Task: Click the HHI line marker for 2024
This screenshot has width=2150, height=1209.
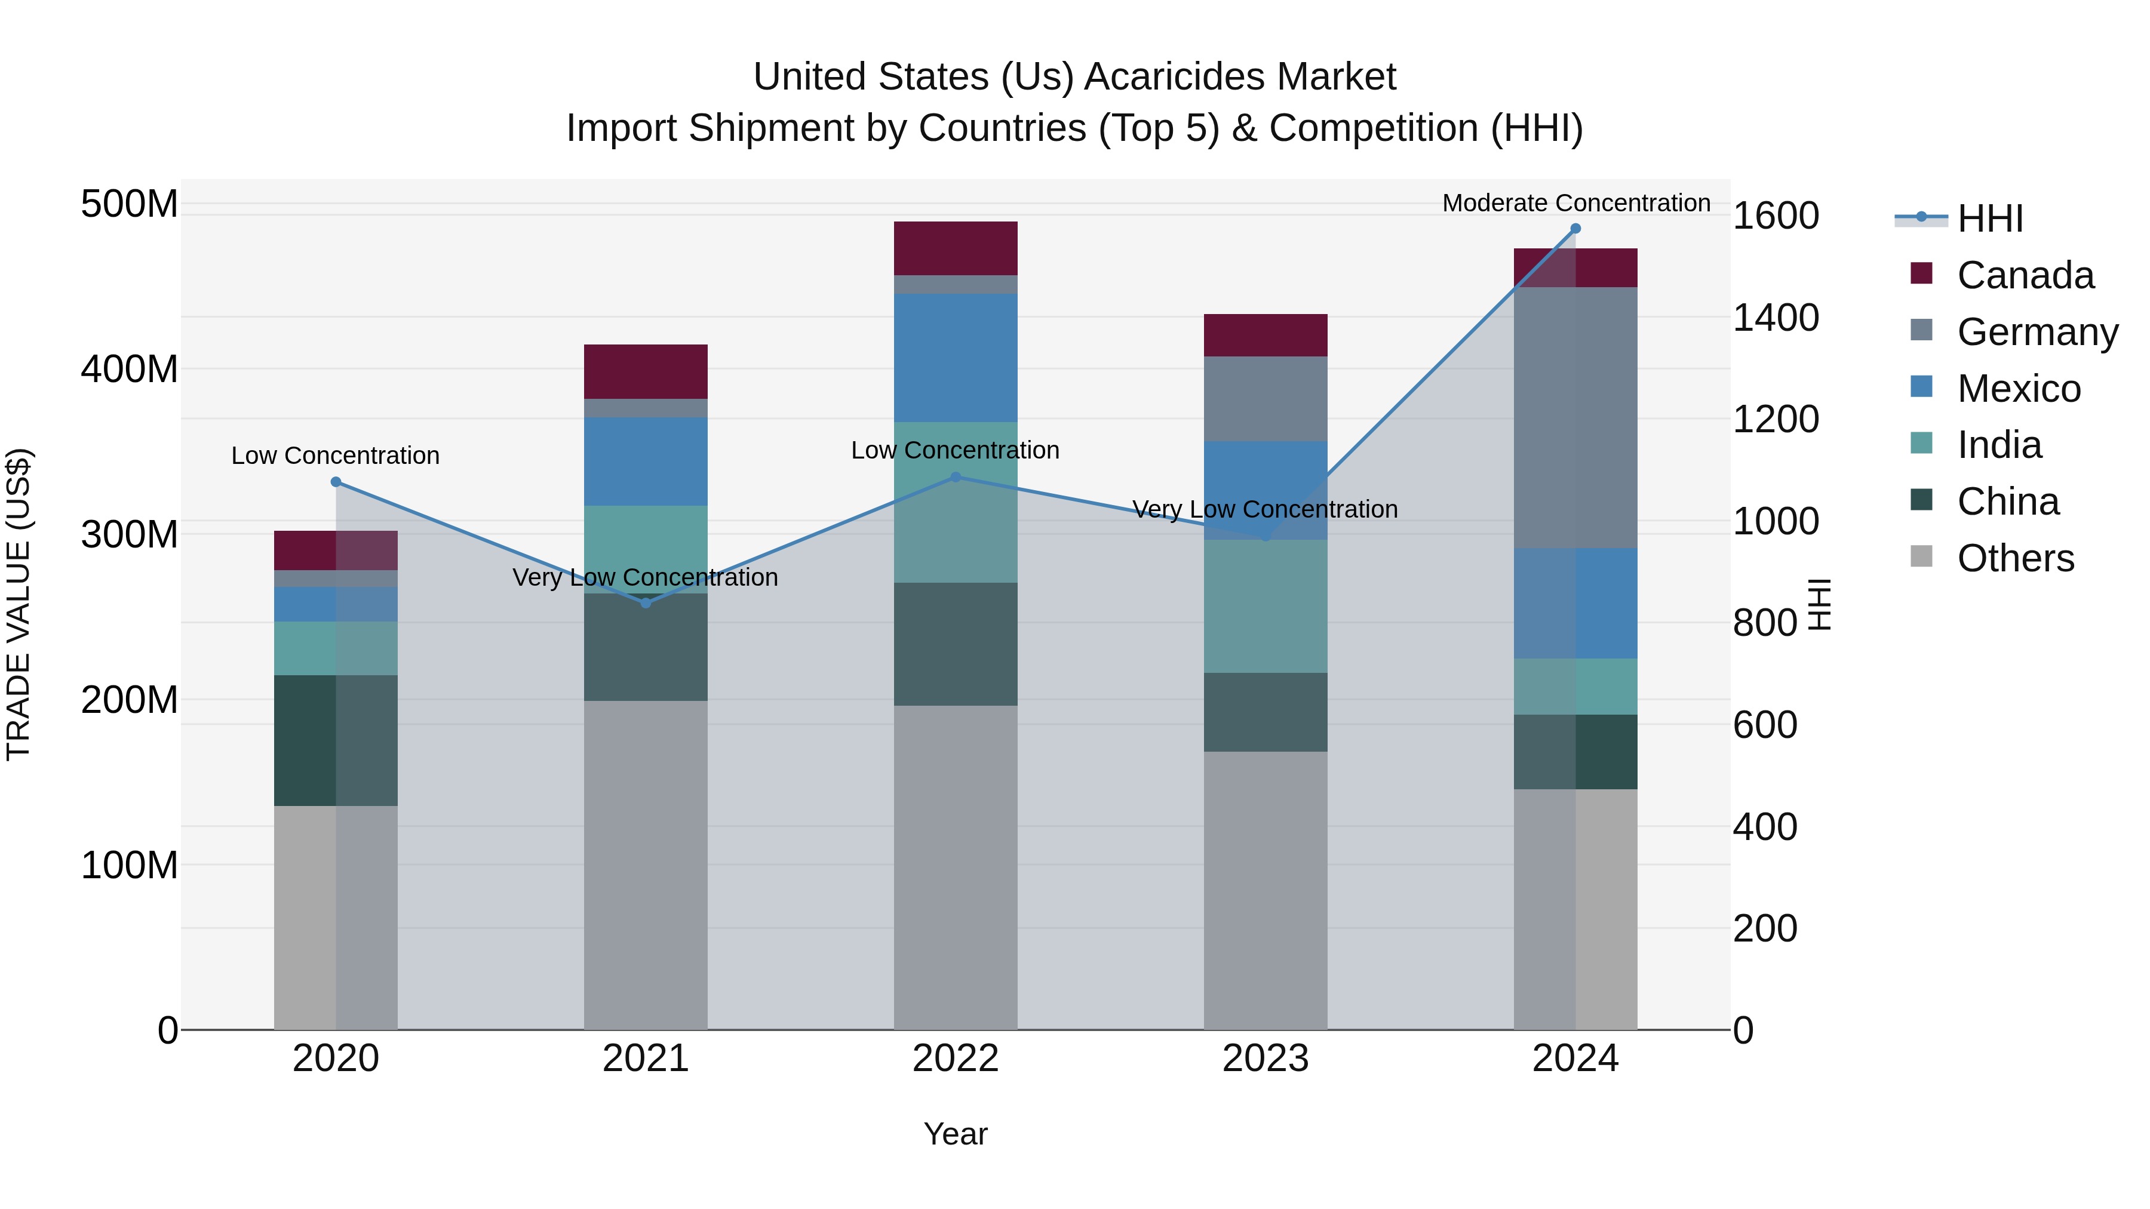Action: click(1575, 229)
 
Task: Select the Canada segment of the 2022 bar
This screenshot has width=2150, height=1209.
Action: click(956, 248)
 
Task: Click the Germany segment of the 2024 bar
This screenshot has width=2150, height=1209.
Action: click(1575, 417)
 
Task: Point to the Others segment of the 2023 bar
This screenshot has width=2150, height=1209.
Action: click(1266, 890)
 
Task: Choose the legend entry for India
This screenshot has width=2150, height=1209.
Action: click(1999, 445)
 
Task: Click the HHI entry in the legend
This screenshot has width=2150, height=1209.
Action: click(1989, 219)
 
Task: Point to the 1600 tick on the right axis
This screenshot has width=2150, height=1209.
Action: click(1776, 216)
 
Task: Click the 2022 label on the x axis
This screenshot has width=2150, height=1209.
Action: click(956, 1059)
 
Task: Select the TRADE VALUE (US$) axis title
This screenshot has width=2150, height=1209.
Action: click(19, 604)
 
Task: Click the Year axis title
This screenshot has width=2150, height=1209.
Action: click(956, 1134)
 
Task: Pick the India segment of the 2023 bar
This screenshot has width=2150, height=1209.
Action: click(1266, 606)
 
